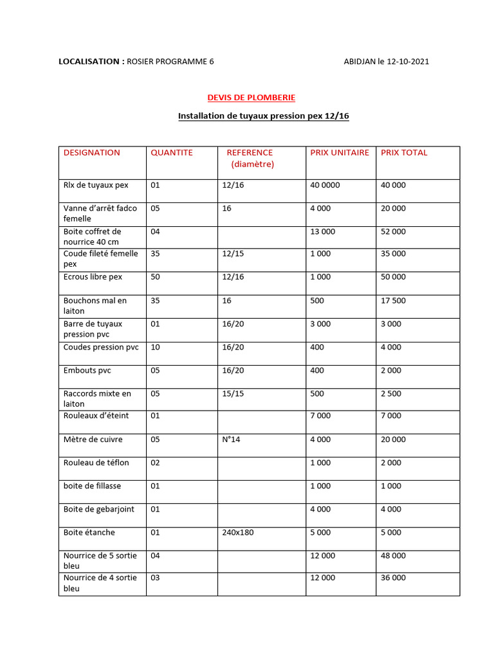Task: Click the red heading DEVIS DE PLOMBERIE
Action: point(251,98)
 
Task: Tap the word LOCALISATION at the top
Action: point(89,62)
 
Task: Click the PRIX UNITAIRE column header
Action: point(340,153)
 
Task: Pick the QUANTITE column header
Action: point(171,153)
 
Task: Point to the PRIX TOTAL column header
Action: point(404,153)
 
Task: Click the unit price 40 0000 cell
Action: point(325,185)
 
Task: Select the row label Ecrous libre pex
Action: point(93,277)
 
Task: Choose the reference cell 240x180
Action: point(237,533)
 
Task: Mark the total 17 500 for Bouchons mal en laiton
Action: point(393,301)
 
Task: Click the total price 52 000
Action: point(393,231)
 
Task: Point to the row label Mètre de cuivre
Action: point(93,440)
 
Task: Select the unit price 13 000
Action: point(322,231)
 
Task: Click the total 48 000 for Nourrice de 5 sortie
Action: point(393,556)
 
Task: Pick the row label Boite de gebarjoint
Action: point(98,510)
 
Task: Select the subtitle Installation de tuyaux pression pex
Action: point(263,116)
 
